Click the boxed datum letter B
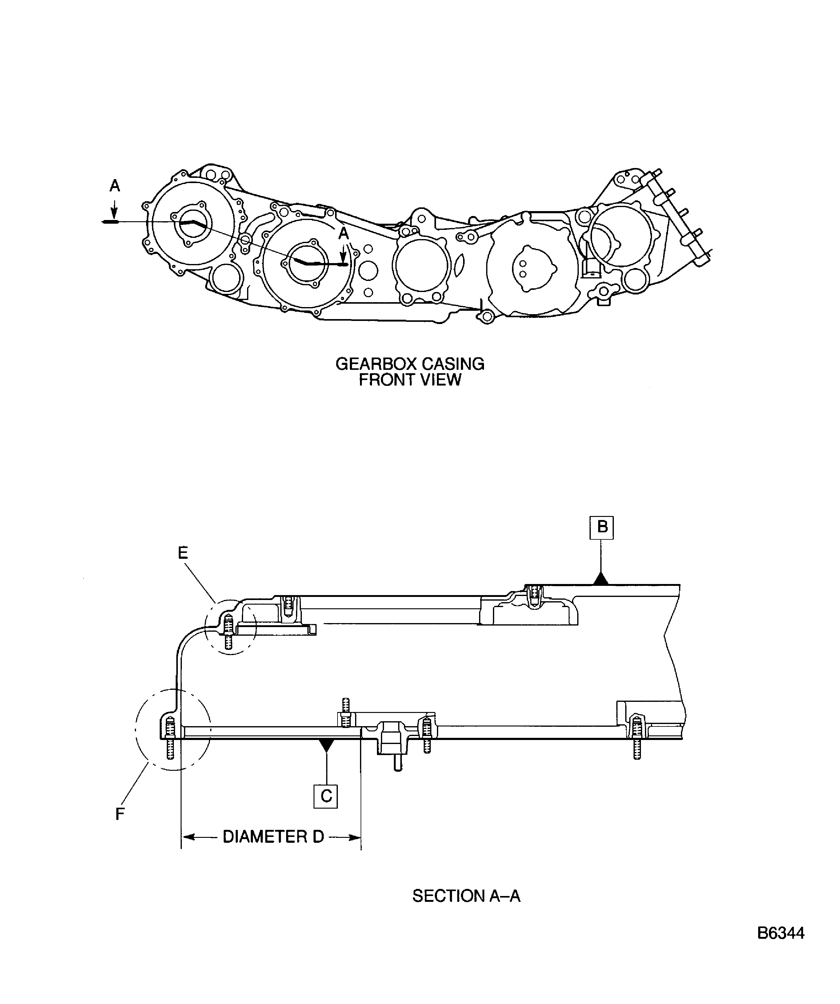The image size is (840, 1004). click(602, 528)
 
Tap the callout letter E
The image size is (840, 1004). click(183, 553)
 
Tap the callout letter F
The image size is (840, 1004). click(120, 814)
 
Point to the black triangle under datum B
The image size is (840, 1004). click(601, 579)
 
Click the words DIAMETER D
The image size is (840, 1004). click(273, 837)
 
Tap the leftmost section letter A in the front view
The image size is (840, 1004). click(114, 186)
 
